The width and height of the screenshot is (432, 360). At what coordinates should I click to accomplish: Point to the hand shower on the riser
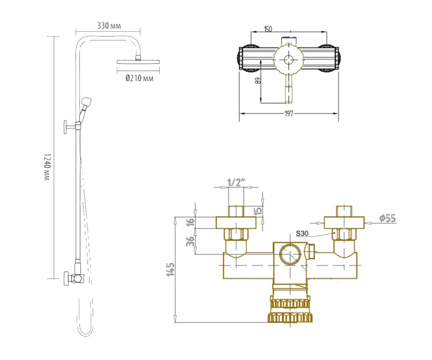(86, 103)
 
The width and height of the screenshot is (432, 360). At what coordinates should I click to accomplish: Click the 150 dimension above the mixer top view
(268, 29)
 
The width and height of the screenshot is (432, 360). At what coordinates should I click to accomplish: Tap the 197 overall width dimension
(289, 113)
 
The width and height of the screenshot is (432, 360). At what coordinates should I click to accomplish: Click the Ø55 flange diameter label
(387, 218)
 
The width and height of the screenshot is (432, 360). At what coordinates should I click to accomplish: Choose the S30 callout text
(303, 234)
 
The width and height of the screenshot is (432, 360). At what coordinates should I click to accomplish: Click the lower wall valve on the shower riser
(74, 279)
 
